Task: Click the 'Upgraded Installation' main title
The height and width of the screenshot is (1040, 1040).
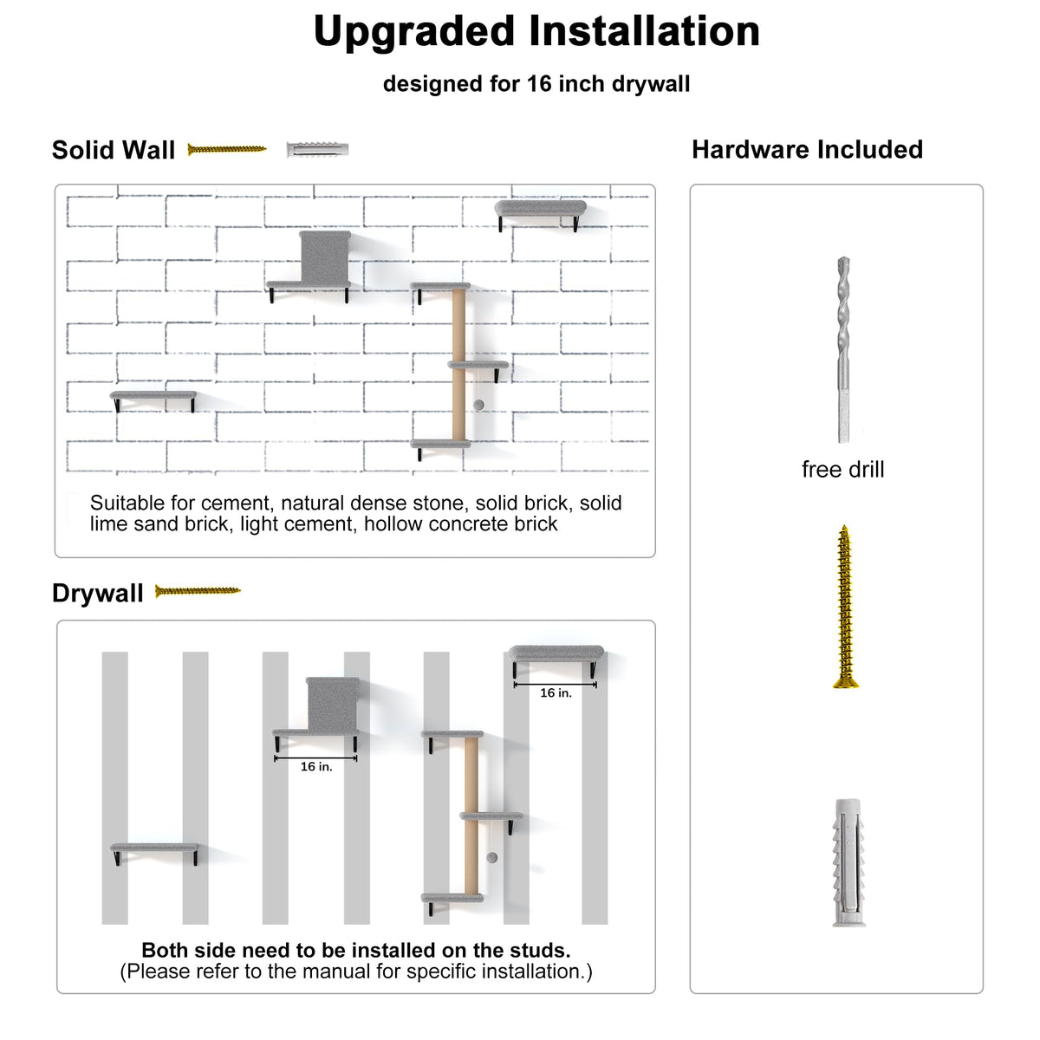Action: coord(536,32)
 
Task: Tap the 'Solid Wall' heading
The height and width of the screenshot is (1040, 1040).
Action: coord(114,150)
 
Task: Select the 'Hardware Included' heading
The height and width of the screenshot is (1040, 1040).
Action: coord(807,149)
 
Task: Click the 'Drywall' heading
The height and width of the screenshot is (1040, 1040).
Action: coord(98,593)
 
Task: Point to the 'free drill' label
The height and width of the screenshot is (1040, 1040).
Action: coord(842,470)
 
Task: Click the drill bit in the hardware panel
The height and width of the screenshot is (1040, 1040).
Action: coord(843,350)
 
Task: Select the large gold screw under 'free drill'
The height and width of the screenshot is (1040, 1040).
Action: coord(845,607)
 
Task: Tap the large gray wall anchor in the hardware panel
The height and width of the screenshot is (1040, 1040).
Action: coord(848,862)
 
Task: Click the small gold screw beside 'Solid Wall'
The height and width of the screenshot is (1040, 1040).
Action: coord(227,149)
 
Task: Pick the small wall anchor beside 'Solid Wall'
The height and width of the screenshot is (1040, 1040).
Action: coord(317,149)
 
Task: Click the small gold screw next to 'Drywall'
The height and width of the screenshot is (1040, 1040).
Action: coord(198,591)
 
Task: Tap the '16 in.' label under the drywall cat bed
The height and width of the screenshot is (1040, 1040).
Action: coord(556,693)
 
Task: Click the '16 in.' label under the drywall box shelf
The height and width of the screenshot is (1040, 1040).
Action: coord(316,766)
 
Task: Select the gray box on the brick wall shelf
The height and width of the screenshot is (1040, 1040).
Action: coord(326,257)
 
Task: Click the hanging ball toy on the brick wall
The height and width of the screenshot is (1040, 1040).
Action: coord(478,405)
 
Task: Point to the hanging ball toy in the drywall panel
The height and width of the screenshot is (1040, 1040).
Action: coord(491,857)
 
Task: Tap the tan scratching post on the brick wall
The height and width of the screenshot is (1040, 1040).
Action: coord(458,365)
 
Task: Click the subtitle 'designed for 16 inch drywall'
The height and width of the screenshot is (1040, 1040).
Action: coord(536,84)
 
